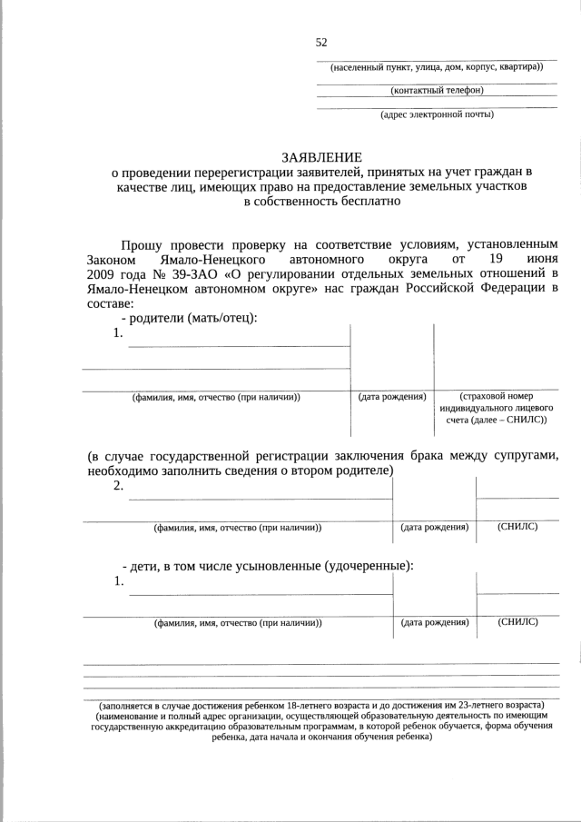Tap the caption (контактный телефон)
click(437, 91)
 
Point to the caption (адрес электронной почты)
click(437, 114)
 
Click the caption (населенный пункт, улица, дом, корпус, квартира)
click(437, 67)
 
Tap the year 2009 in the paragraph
click(103, 272)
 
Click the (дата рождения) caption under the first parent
click(392, 397)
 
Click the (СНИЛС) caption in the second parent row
click(517, 527)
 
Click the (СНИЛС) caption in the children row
click(517, 622)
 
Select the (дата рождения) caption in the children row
click(434, 623)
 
